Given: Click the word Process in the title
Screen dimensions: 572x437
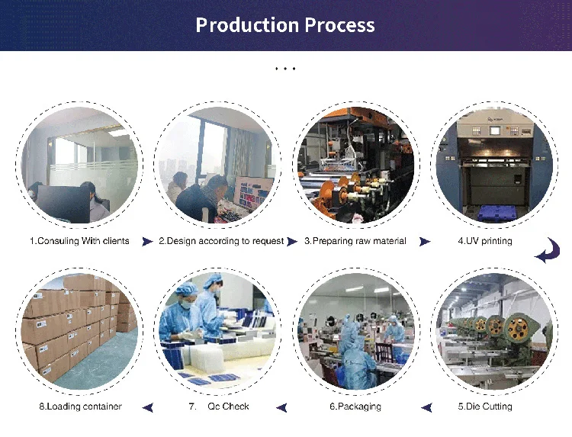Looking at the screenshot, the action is tap(340, 25).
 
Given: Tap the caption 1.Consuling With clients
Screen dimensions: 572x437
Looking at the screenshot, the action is tap(79, 241).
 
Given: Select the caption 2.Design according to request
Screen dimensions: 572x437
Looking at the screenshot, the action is tap(221, 241).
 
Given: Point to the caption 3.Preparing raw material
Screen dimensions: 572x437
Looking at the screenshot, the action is tap(355, 241).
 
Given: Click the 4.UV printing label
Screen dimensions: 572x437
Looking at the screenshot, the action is tap(485, 241).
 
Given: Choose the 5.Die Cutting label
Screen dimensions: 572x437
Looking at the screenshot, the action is tap(485, 406).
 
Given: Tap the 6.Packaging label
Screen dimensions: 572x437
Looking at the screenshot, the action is tap(355, 406).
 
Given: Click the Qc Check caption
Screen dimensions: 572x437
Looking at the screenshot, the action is tap(228, 406).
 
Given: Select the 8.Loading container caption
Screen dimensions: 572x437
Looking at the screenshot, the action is tap(81, 406).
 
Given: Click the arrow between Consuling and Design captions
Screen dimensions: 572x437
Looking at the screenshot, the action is tap(147, 242).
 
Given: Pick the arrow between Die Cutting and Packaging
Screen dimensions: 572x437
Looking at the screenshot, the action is tap(426, 407).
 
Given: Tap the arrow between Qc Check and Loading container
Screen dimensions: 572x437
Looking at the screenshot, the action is tap(149, 407).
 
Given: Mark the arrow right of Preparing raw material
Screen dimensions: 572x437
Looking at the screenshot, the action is tap(425, 242).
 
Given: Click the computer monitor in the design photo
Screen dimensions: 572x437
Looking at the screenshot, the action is tap(254, 192).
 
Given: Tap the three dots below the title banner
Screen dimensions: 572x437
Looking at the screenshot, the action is tap(285, 69).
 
